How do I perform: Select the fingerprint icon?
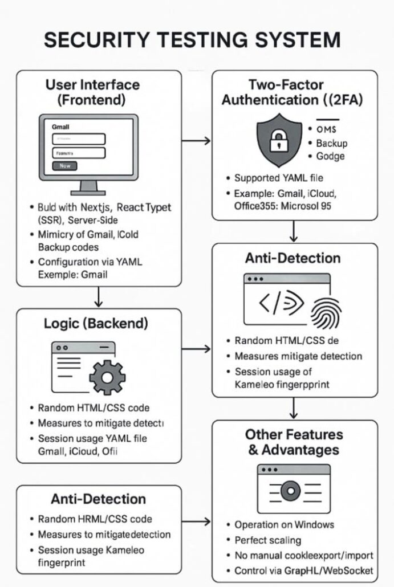pyautogui.click(x=326, y=311)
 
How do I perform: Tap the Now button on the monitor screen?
pyautogui.click(x=64, y=165)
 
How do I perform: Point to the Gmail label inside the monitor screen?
pyautogui.click(x=60, y=127)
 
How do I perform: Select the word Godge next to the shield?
pyautogui.click(x=331, y=156)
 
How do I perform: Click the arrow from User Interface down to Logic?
pyautogui.click(x=99, y=296)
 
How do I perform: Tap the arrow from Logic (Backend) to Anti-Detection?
pyautogui.click(x=196, y=349)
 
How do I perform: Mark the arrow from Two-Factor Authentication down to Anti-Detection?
pyautogui.click(x=294, y=231)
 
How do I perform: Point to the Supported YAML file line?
pyautogui.click(x=278, y=178)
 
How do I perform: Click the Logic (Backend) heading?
pyautogui.click(x=96, y=324)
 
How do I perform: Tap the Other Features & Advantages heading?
pyautogui.click(x=294, y=442)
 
